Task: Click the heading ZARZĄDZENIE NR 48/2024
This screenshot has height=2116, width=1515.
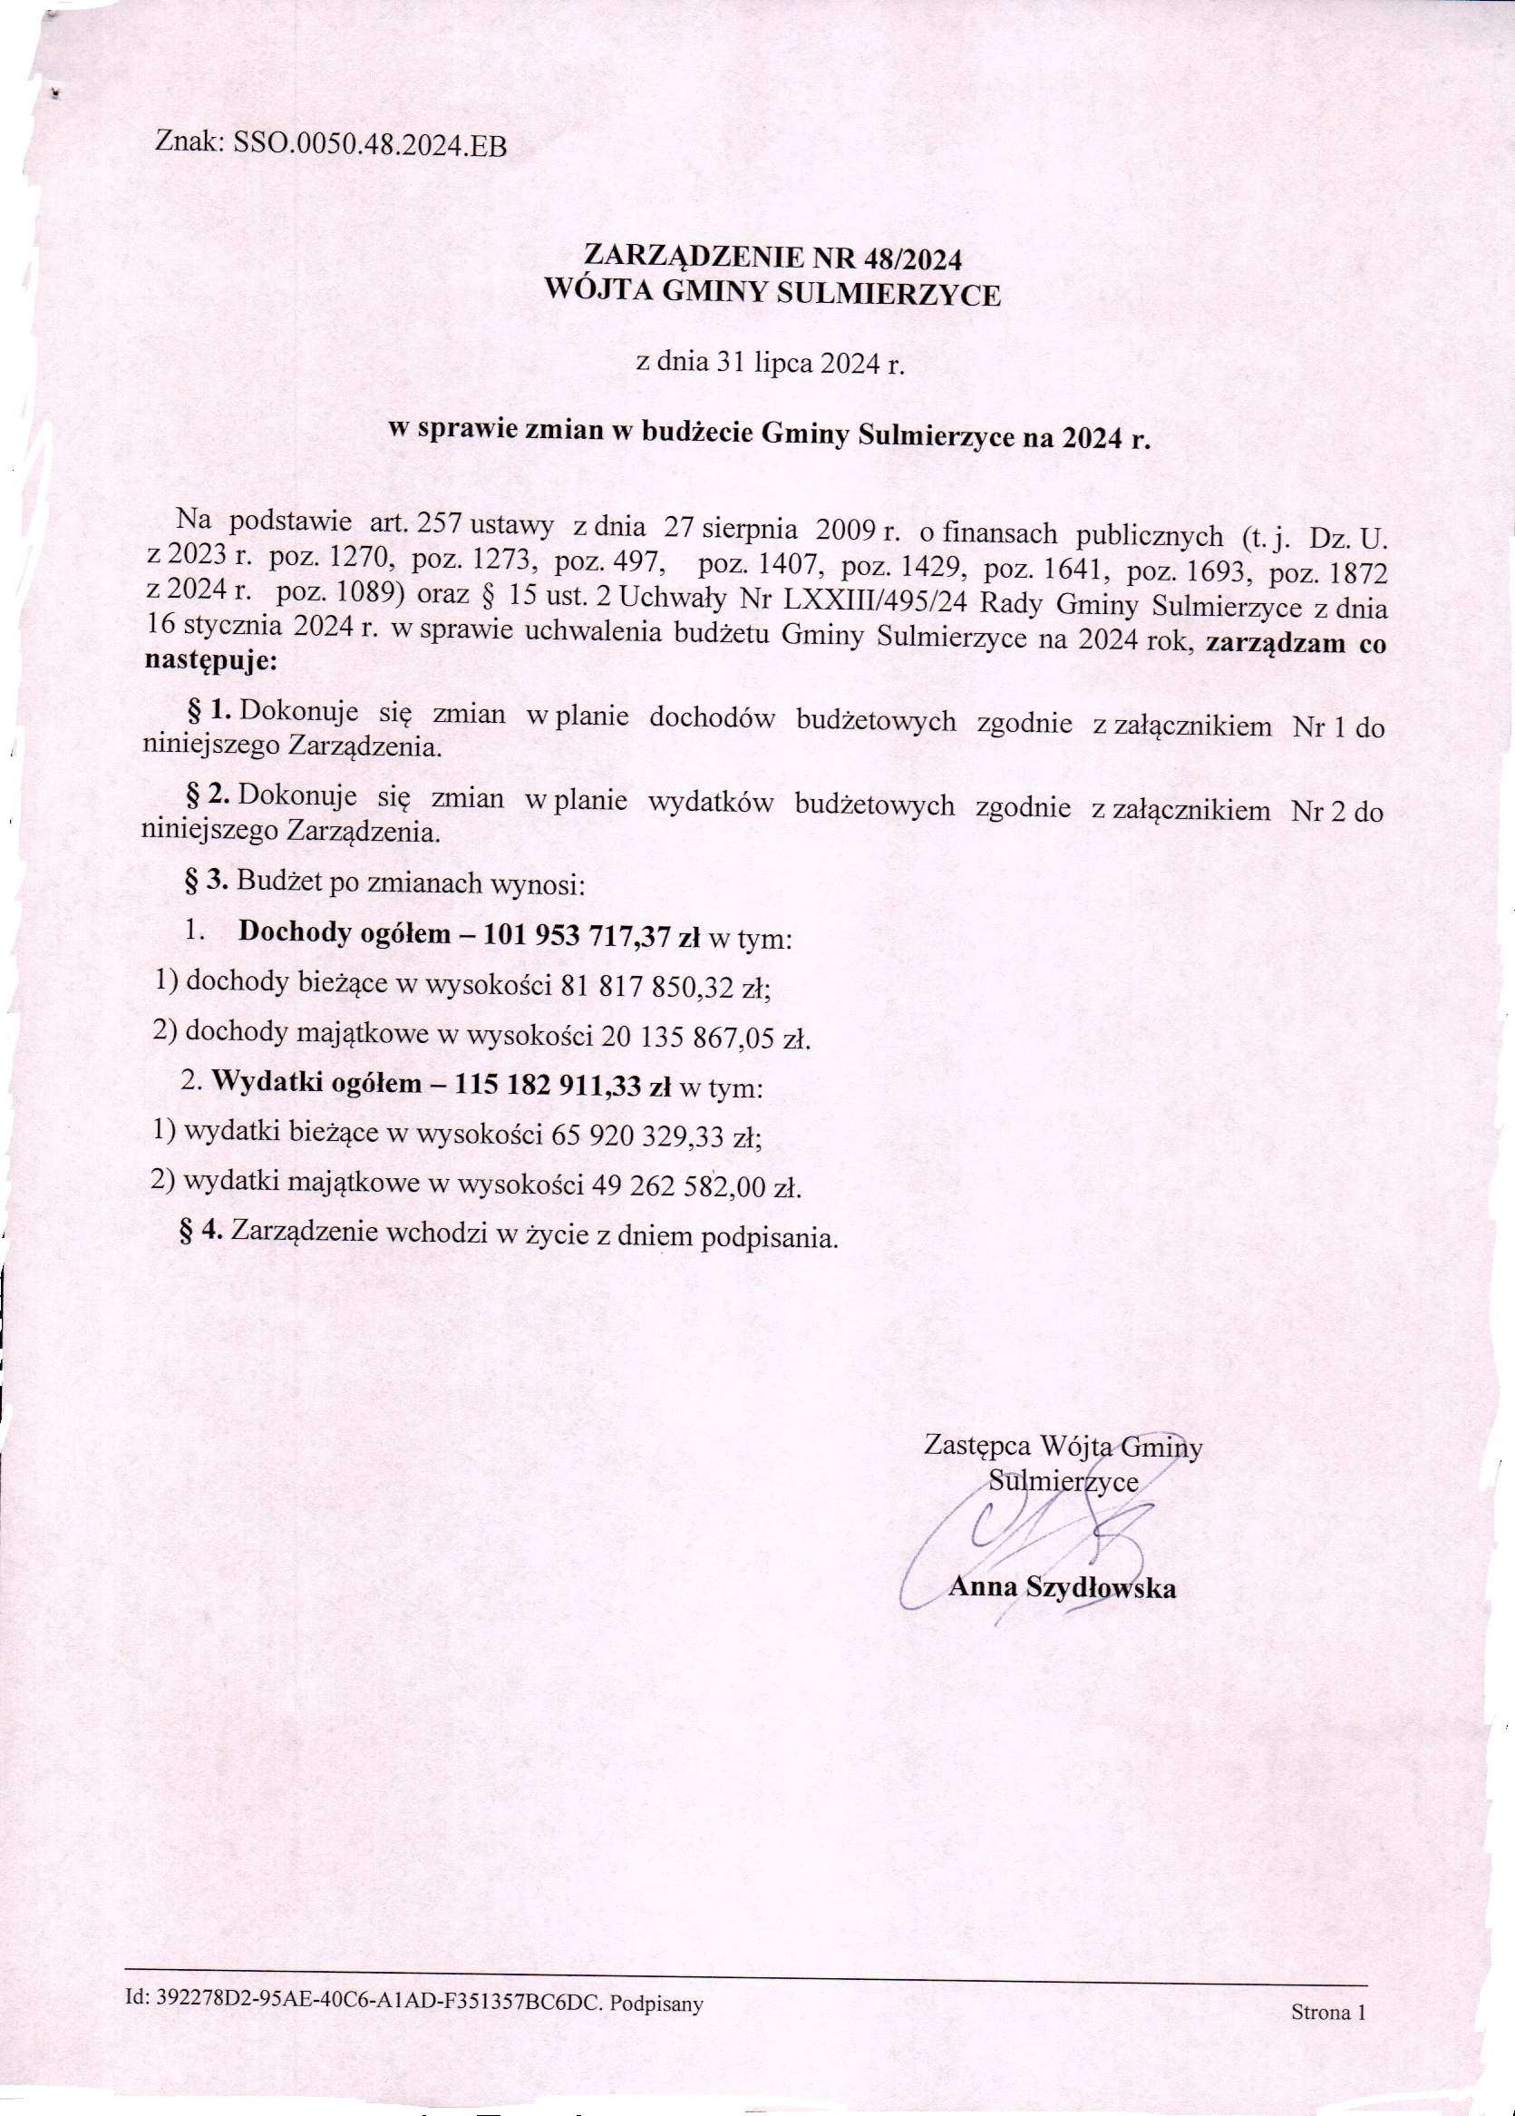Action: pyautogui.click(x=772, y=257)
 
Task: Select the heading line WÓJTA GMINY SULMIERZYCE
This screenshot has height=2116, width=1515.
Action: pyautogui.click(x=772, y=295)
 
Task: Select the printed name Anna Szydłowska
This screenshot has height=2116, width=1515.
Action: pyautogui.click(x=1062, y=1587)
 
